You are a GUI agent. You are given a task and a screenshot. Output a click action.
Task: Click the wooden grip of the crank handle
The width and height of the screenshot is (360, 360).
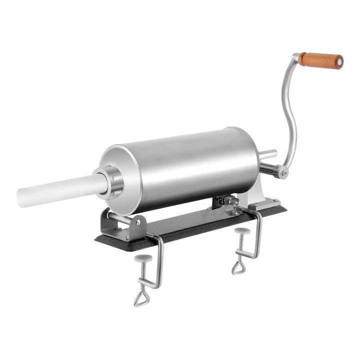320,60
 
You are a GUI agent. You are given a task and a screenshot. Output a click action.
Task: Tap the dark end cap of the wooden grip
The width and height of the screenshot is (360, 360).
339,62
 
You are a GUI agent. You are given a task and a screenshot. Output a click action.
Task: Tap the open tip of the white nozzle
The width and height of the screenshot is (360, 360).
21,197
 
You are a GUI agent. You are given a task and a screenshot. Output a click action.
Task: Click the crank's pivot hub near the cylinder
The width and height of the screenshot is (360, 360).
283,173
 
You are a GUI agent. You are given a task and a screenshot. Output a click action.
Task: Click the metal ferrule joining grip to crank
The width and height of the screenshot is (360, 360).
299,58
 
